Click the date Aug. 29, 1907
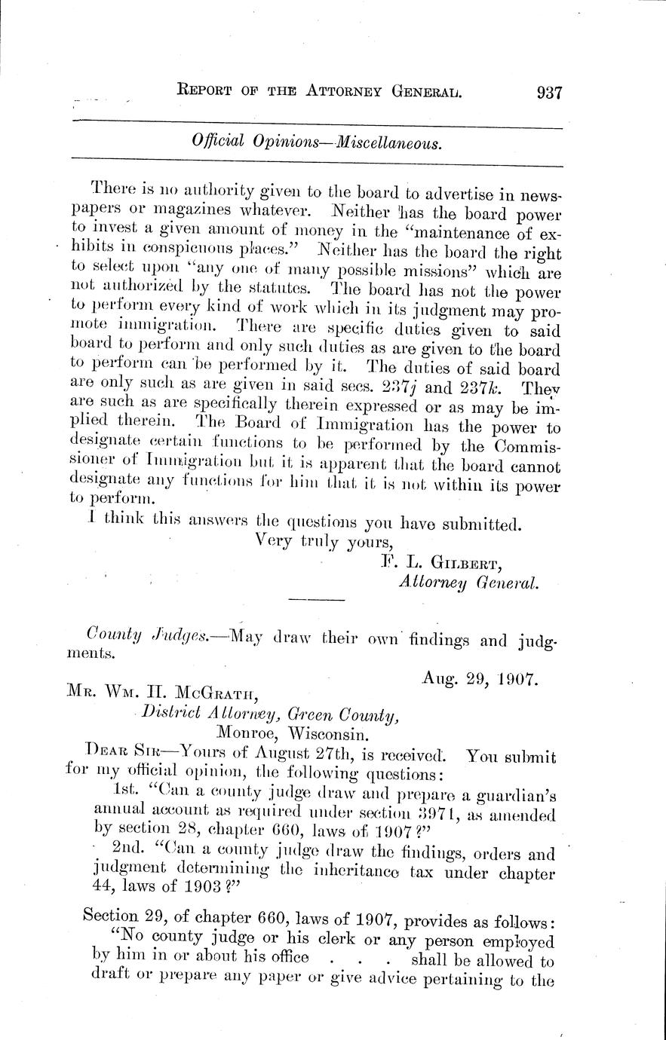point(479,679)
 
